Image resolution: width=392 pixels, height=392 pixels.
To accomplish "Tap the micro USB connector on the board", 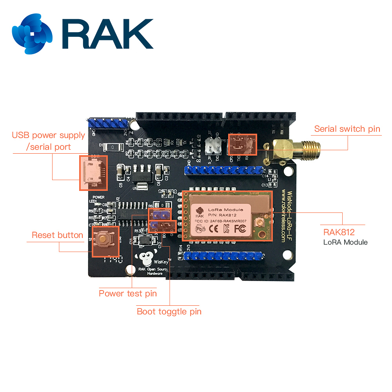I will pyautogui.click(x=93, y=173).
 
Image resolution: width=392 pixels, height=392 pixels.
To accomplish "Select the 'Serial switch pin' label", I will pyautogui.click(x=347, y=129).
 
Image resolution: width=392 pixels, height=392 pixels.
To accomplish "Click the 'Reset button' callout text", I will pyautogui.click(x=57, y=235).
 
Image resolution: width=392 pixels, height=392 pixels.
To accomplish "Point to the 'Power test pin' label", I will pyautogui.click(x=128, y=293).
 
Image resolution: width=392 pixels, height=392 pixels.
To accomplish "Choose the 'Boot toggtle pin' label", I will pyautogui.click(x=169, y=312).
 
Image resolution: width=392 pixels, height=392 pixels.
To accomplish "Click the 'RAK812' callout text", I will pyautogui.click(x=339, y=232).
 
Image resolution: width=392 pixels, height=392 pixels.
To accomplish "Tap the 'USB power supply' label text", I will pyautogui.click(x=48, y=135).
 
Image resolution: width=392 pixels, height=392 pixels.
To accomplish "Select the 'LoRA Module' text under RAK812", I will pyautogui.click(x=345, y=242).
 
